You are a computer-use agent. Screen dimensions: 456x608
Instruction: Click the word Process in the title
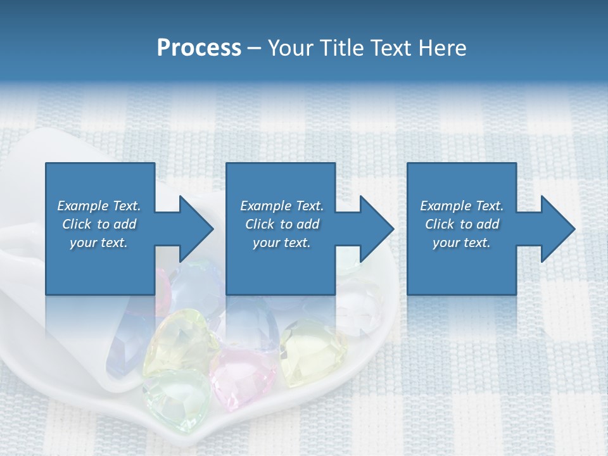pos(199,48)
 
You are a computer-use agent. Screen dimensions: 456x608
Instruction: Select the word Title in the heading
pos(344,48)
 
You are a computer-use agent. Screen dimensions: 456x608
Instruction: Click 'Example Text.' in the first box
pos(99,206)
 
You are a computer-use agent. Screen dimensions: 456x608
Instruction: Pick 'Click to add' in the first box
pos(99,224)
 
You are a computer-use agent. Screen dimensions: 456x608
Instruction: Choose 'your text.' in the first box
pos(99,243)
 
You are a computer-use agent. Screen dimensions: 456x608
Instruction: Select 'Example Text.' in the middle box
pos(282,206)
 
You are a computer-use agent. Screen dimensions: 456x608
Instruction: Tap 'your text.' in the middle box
pos(282,243)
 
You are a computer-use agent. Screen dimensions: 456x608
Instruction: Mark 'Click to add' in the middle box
pos(282,224)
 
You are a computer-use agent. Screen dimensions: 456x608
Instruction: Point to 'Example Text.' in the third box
pos(462,206)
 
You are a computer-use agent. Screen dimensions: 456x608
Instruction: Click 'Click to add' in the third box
pos(462,224)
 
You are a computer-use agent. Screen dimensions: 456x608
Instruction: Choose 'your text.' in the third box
pos(462,243)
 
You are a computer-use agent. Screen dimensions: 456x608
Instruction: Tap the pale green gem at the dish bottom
pos(174,396)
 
